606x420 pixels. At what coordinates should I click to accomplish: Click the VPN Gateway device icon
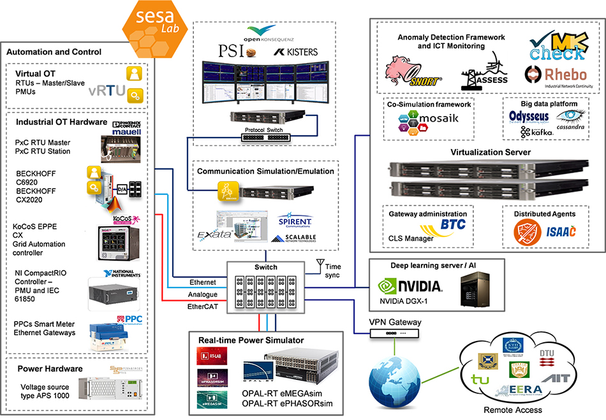pos(395,331)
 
